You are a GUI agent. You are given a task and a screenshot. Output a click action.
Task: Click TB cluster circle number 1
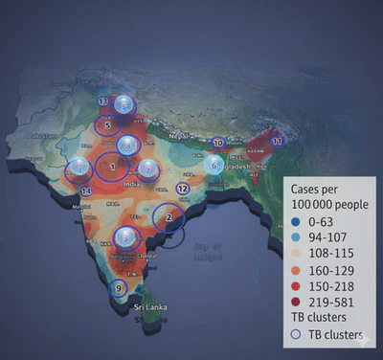coord(113,169)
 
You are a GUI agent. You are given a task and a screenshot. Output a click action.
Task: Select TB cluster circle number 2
coord(169,217)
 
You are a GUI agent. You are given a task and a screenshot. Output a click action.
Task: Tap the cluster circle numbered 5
coord(107,124)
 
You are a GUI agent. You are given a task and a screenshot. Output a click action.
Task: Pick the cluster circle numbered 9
coord(118,287)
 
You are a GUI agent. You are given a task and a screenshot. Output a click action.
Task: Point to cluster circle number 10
coord(218,144)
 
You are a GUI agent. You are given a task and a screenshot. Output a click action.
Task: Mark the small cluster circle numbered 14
coord(87,191)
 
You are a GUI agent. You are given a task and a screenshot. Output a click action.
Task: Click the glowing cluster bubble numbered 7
coord(147,169)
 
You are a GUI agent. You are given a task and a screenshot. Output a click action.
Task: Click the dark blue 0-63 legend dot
coord(297,217)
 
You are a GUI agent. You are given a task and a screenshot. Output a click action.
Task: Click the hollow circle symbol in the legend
coord(297,335)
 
